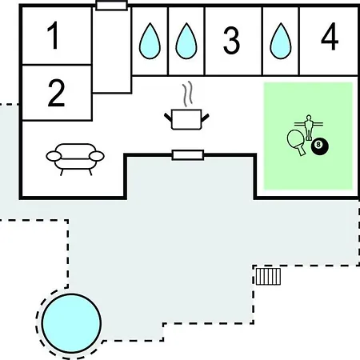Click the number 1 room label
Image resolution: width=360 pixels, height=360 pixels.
coord(54,35)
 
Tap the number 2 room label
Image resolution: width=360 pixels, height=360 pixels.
coord(56,93)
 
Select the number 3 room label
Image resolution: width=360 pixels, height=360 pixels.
coord(231,40)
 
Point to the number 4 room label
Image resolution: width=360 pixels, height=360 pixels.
coord(330,36)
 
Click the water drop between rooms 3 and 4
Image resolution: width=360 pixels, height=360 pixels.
coord(281,41)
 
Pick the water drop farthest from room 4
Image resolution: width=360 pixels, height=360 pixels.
coord(150,41)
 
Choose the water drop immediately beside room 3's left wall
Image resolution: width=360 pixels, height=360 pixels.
coord(186,41)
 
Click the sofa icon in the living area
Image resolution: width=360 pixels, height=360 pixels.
coord(75,159)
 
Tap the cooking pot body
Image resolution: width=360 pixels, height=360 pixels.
coord(186,119)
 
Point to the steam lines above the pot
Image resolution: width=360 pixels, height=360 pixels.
coord(187,94)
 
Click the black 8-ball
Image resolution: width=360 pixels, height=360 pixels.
coord(319,146)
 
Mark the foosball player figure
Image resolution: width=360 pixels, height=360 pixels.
coord(309,127)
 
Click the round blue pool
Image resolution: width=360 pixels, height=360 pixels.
coord(71,323)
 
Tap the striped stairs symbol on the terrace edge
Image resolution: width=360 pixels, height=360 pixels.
coord(268,277)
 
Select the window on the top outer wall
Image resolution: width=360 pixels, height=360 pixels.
coord(111,6)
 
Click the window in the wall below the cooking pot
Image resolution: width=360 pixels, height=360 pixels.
coord(188,155)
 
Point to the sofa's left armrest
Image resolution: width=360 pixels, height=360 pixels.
coord(54,156)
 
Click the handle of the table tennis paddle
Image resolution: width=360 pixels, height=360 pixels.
coord(302,150)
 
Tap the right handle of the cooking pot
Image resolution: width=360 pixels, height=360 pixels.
coord(205,118)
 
